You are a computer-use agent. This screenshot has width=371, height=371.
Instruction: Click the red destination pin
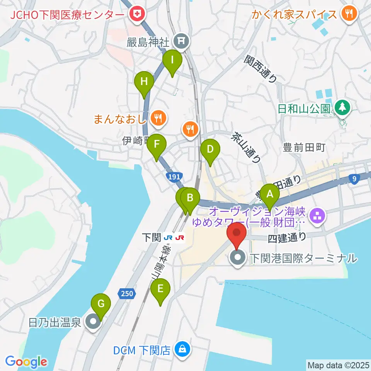click(x=237, y=234)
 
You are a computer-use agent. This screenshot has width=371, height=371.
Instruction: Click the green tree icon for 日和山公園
click(x=342, y=107)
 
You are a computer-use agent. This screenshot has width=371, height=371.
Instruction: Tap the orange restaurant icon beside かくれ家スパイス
click(x=349, y=14)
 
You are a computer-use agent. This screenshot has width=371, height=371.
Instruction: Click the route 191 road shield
click(x=174, y=176)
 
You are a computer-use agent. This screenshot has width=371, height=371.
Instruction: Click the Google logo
click(x=26, y=362)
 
